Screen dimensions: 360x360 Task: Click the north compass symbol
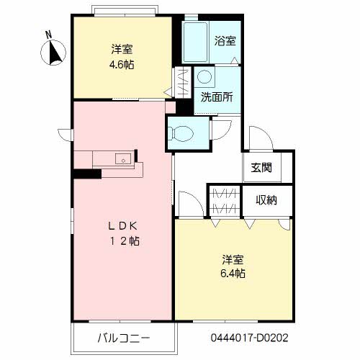pyautogui.click(x=53, y=53)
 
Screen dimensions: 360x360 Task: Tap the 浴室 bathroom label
pyautogui.click(x=225, y=41)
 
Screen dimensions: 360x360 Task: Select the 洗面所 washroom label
pyautogui.click(x=217, y=97)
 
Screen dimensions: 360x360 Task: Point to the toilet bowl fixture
pyautogui.click(x=181, y=133)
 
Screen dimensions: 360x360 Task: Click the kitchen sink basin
pyautogui.click(x=123, y=158)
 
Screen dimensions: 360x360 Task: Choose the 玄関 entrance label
pyautogui.click(x=261, y=167)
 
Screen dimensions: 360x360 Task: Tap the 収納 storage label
pyautogui.click(x=266, y=200)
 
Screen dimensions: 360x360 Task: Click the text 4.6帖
pyautogui.click(x=122, y=65)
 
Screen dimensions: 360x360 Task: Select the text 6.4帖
pyautogui.click(x=233, y=273)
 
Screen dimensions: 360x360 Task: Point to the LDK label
pyautogui.click(x=122, y=226)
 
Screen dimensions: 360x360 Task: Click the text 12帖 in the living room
pyautogui.click(x=125, y=241)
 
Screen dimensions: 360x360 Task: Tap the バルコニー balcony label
pyautogui.click(x=124, y=338)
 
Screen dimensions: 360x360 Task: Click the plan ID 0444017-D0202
pyautogui.click(x=250, y=338)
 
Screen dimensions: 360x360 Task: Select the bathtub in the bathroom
pyautogui.click(x=195, y=42)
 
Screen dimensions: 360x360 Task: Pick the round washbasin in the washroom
pyautogui.click(x=204, y=77)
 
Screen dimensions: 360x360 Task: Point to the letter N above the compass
pyautogui.click(x=49, y=35)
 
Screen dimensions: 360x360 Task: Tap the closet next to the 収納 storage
pyautogui.click(x=225, y=200)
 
